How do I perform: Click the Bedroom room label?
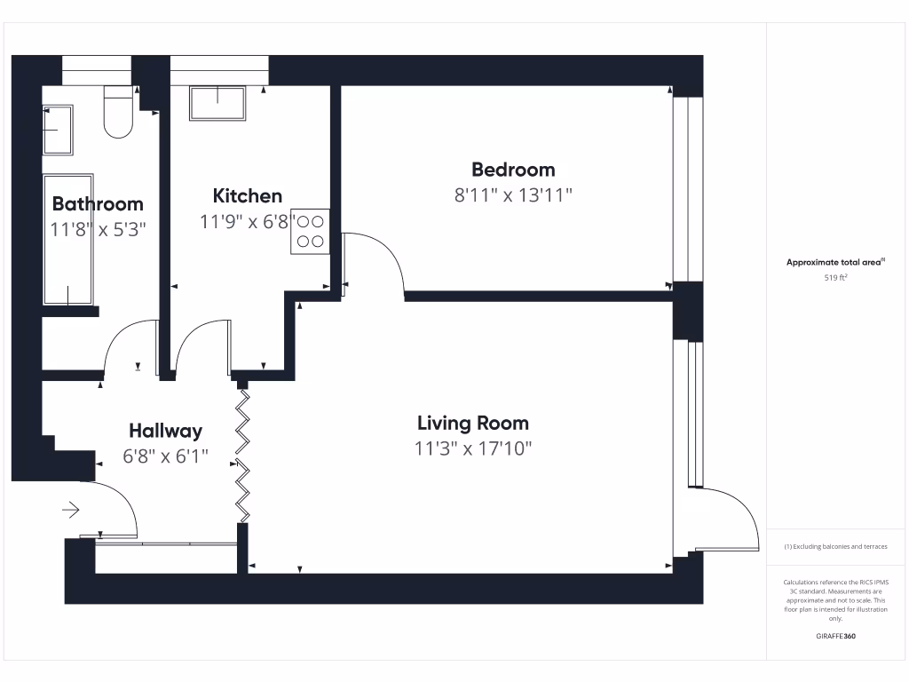(513, 170)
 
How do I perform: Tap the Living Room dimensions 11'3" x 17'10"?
(473, 448)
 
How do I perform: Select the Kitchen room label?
(248, 196)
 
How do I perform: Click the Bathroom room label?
(98, 204)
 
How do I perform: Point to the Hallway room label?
(165, 431)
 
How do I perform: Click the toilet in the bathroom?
(118, 114)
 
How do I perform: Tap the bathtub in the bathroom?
(67, 240)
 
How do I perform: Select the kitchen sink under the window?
(217, 104)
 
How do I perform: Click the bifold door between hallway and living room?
(242, 453)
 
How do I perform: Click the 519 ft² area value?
(835, 278)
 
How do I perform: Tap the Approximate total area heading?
(834, 262)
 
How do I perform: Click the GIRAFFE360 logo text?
(835, 636)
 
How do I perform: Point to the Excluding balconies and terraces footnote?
(835, 547)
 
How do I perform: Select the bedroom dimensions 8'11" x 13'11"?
(513, 195)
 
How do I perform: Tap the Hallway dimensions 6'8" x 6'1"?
(165, 456)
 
